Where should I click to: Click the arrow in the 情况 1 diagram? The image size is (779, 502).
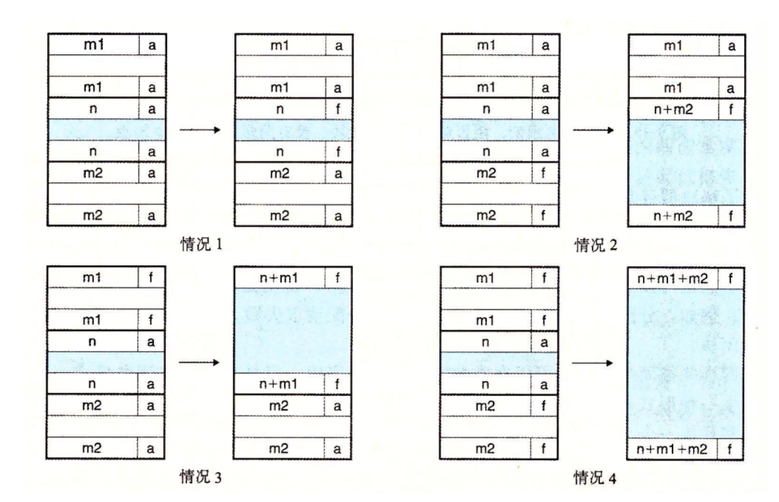click(200, 131)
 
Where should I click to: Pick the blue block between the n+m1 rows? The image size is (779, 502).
click(294, 330)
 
